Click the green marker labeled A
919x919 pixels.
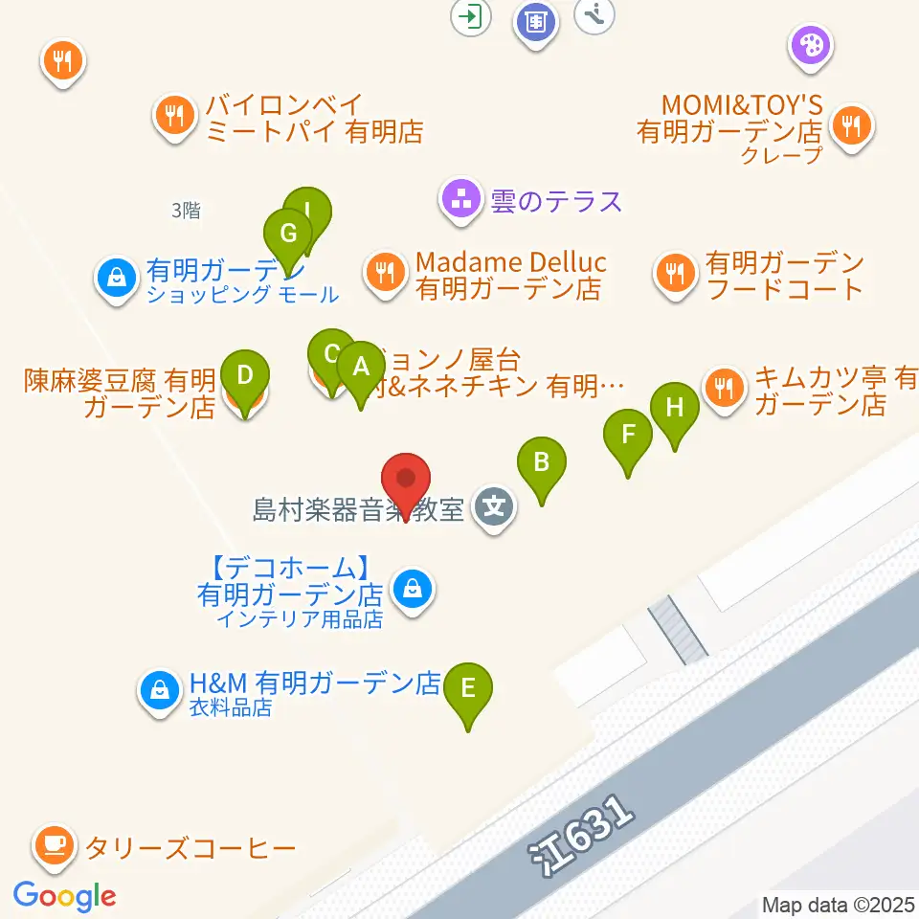tap(361, 367)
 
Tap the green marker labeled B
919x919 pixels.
tap(541, 463)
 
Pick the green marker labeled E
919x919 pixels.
tap(468, 688)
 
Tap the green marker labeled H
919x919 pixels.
tap(675, 408)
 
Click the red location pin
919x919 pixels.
tap(406, 479)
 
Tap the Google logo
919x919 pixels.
tap(64, 896)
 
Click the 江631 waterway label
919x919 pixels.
tap(583, 836)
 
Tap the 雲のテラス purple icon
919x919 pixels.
tap(461, 199)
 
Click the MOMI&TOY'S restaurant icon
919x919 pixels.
tap(849, 123)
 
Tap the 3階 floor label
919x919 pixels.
tap(186, 212)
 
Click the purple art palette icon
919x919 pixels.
tap(811, 44)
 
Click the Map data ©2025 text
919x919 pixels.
tap(838, 904)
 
